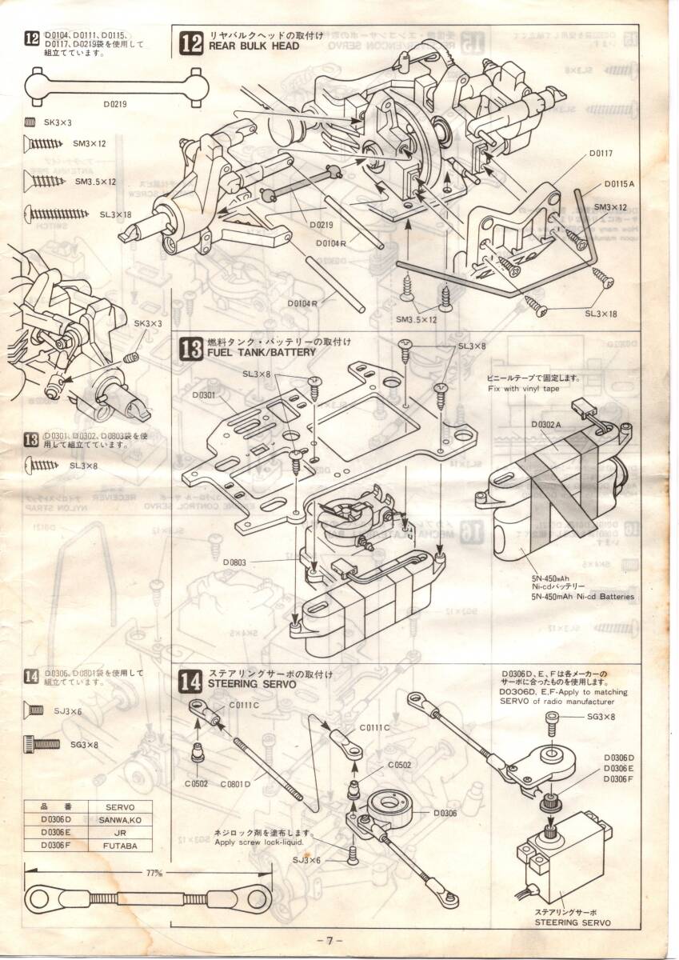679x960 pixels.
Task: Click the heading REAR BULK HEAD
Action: [x=254, y=46]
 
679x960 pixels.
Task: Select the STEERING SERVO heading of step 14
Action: [x=252, y=685]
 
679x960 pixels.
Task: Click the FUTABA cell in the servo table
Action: [x=121, y=845]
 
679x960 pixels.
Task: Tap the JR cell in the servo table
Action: [x=121, y=832]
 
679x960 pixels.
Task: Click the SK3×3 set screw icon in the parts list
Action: [x=30, y=122]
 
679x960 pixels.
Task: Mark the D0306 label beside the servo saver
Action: [x=445, y=813]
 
